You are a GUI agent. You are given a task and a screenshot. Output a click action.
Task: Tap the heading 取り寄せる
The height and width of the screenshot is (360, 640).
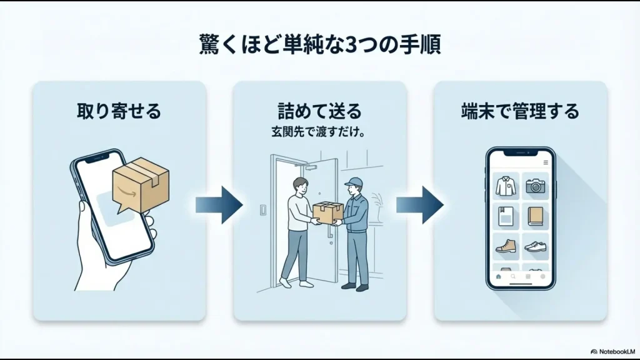click(x=119, y=111)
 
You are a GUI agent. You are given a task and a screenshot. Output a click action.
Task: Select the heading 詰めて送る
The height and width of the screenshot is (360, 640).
click(x=319, y=111)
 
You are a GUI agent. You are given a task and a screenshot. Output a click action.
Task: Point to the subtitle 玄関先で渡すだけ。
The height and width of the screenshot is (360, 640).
click(x=319, y=133)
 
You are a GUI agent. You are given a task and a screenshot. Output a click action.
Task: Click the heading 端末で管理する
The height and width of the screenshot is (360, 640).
click(x=520, y=111)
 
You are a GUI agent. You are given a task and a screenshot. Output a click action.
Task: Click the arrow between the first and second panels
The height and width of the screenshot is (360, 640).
click(x=219, y=204)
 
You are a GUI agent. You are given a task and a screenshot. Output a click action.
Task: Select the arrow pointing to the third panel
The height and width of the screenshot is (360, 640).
click(x=419, y=204)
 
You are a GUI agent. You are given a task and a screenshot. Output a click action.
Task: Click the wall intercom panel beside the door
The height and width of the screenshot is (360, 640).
click(x=262, y=209)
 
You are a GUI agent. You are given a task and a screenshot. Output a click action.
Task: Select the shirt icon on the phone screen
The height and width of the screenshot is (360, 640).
click(x=505, y=186)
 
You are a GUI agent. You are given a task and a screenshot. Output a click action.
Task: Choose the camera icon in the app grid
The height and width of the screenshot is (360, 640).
click(x=536, y=186)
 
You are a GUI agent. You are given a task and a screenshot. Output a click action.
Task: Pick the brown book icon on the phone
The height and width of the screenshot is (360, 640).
click(x=536, y=216)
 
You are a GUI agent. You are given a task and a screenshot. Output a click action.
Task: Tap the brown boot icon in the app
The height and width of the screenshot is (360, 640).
click(x=505, y=246)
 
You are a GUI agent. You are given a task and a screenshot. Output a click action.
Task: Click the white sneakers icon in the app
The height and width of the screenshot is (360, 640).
click(x=536, y=246)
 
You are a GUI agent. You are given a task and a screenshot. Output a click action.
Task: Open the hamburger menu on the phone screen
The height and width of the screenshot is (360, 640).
click(x=546, y=162)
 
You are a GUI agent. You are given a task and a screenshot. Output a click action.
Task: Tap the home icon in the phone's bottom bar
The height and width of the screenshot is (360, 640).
click(x=498, y=276)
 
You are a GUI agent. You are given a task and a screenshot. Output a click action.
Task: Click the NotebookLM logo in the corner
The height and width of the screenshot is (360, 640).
click(x=612, y=351)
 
